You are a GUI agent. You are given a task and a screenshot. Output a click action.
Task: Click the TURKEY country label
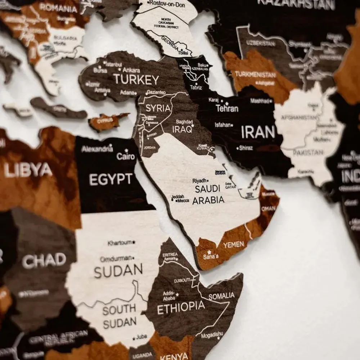point(136,80)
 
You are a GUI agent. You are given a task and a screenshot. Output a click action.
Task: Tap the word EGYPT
point(111,179)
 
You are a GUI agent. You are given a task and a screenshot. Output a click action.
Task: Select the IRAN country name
point(258,132)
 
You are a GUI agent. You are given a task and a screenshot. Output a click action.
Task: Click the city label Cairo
point(126,156)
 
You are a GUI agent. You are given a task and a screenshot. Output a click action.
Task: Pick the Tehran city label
point(227,108)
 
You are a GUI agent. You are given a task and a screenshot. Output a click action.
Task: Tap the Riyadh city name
point(200,180)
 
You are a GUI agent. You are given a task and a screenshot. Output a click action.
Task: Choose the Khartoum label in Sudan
point(120,243)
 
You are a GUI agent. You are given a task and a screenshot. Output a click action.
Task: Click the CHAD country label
point(44,260)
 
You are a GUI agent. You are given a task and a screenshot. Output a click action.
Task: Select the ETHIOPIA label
point(181,307)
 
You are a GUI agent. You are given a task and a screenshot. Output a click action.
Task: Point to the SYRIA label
point(158,108)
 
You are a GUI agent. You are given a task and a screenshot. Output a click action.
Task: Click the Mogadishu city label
point(212,334)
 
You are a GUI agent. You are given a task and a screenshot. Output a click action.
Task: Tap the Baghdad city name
point(184,122)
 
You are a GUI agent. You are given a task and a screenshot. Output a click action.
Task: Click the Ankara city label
point(131,70)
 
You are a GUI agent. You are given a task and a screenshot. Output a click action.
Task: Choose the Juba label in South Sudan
point(141,337)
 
